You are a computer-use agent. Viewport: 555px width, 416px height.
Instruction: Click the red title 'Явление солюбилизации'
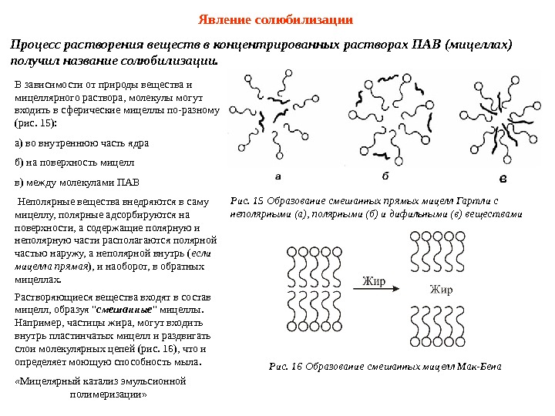coord(276,18)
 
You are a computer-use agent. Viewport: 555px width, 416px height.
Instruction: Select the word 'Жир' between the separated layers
coord(441,290)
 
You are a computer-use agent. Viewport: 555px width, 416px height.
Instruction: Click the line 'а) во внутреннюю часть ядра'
coord(82,143)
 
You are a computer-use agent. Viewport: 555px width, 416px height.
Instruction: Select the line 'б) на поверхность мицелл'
coord(75,163)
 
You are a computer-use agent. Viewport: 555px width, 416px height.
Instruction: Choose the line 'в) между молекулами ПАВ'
coord(77,183)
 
